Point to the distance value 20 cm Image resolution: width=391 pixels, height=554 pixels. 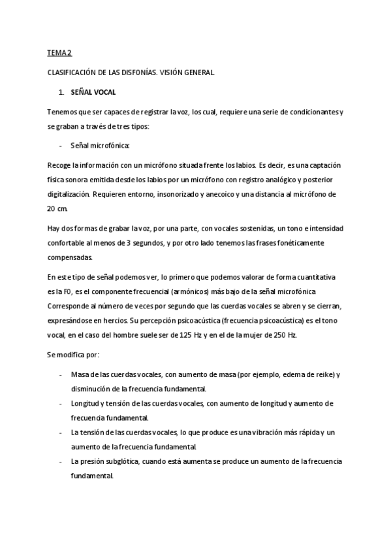click(57, 208)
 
